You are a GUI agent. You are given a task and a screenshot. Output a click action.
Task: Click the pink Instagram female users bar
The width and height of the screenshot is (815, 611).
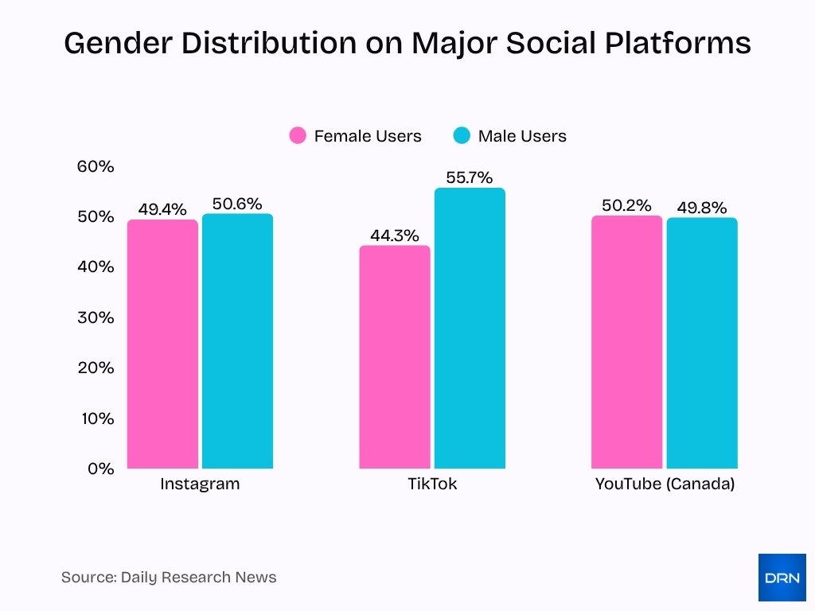point(162,344)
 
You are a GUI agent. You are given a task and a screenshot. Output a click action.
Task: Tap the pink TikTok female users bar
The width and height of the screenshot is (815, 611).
point(395,356)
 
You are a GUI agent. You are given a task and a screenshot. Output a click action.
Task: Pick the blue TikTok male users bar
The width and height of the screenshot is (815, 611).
point(470,328)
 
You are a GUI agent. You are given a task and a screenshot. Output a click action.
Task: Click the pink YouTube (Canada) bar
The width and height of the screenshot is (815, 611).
point(627,342)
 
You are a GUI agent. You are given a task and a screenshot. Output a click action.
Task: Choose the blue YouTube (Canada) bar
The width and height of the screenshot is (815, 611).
point(702,343)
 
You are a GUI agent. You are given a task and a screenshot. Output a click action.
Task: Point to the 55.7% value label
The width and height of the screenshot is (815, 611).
point(469,177)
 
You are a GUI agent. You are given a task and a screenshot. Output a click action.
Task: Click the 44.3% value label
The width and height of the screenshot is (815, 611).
point(394,235)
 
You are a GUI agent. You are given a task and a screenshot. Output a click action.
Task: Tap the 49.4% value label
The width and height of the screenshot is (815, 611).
point(162,209)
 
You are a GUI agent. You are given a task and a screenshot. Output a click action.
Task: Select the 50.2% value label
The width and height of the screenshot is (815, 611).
point(626,205)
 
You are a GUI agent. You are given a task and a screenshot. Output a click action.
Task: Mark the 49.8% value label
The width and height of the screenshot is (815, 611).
point(702,208)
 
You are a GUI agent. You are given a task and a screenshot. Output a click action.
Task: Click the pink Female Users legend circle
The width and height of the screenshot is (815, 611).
point(298,136)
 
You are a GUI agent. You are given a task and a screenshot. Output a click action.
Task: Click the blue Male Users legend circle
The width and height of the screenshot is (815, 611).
point(462,136)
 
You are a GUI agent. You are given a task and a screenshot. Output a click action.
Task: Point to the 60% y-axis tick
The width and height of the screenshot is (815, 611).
point(96,166)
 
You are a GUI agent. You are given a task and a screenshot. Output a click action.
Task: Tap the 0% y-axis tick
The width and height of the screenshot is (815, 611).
point(100,469)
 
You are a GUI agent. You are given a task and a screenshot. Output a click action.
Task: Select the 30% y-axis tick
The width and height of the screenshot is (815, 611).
point(96,317)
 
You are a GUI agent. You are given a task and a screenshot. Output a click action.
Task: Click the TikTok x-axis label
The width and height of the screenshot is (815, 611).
point(432,484)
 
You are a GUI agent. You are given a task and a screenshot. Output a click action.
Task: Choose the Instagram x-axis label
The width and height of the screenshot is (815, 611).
point(200,484)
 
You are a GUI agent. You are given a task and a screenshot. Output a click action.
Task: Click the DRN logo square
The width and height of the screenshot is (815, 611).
point(782,578)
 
